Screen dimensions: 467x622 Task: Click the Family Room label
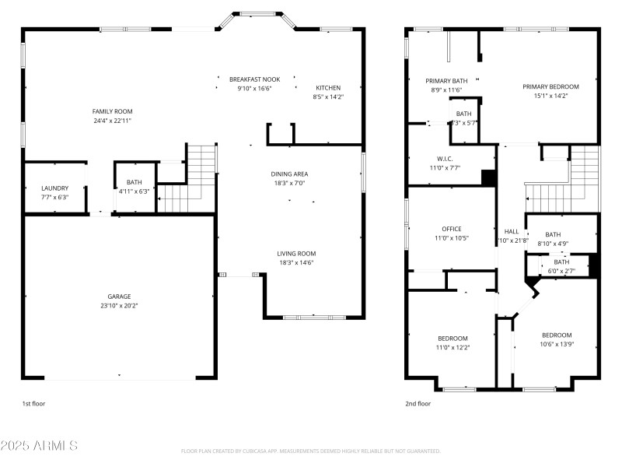113,111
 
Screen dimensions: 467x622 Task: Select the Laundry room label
54,188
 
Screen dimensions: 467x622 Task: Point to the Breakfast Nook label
254,79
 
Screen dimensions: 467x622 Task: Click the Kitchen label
327,87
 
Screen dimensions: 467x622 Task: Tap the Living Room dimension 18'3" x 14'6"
297,262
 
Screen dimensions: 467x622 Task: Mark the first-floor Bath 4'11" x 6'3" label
135,182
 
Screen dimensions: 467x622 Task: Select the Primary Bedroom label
550,86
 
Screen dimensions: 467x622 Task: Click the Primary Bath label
446,80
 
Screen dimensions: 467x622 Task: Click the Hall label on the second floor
512,231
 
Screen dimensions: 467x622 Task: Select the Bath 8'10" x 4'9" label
553,234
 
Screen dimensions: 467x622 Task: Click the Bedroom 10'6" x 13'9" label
557,335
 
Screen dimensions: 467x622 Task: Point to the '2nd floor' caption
418,404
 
